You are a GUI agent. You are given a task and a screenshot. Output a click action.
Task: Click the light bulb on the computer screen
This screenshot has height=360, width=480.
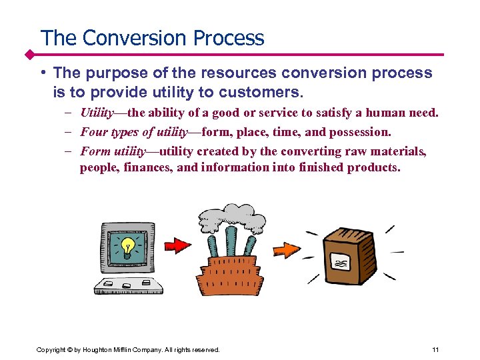click(x=127, y=247)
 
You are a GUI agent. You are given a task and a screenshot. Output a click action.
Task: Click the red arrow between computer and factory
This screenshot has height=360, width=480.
click(x=177, y=245)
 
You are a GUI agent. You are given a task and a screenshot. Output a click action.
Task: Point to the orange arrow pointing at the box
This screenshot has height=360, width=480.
click(x=288, y=249)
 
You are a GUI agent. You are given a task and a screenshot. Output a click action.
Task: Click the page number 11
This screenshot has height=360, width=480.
click(x=435, y=350)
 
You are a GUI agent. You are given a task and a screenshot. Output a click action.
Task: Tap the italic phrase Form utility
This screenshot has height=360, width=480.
click(x=112, y=151)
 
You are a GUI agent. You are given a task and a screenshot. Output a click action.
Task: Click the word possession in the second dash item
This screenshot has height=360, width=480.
click(x=363, y=131)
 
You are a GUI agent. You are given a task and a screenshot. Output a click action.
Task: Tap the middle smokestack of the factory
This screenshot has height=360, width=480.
click(x=231, y=243)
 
